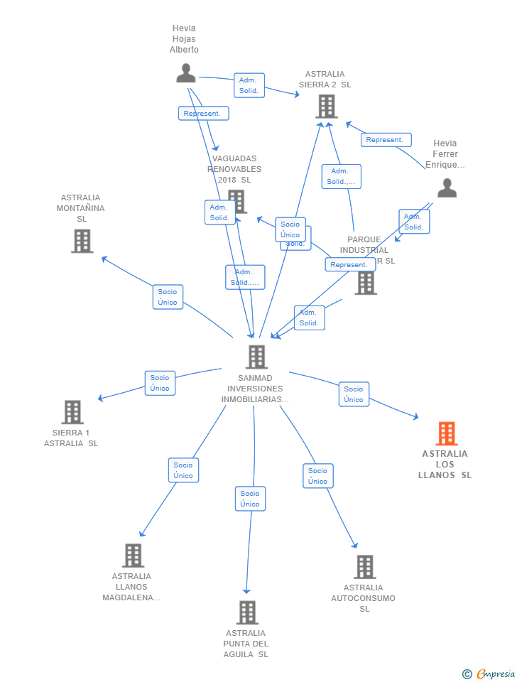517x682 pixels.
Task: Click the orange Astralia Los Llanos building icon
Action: pyautogui.click(x=446, y=433)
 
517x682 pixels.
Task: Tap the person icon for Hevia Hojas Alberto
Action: pyautogui.click(x=186, y=73)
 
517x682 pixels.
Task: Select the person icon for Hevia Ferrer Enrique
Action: pyautogui.click(x=447, y=188)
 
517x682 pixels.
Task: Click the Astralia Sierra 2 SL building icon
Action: pyautogui.click(x=326, y=107)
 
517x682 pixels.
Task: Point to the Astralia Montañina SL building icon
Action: pyautogui.click(x=82, y=241)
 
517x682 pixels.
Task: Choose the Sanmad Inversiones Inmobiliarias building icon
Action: pyautogui.click(x=256, y=357)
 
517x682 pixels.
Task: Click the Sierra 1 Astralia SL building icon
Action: pyautogui.click(x=72, y=412)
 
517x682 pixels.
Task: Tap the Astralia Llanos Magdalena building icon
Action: pyautogui.click(x=133, y=556)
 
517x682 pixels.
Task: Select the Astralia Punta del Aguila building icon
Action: pyautogui.click(x=246, y=612)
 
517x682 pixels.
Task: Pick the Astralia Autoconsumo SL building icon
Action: pyautogui.click(x=364, y=567)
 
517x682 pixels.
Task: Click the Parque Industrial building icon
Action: pyautogui.click(x=366, y=283)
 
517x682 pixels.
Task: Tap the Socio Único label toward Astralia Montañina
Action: pyautogui.click(x=168, y=297)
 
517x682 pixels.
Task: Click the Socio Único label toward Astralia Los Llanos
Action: pyautogui.click(x=354, y=394)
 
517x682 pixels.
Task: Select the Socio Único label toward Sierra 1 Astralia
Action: pyautogui.click(x=160, y=383)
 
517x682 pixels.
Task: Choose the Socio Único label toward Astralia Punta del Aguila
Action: pyautogui.click(x=250, y=499)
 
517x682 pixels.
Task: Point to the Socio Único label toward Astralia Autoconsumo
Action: pyautogui.click(x=318, y=476)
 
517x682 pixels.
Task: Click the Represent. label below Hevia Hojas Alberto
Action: pyautogui.click(x=203, y=114)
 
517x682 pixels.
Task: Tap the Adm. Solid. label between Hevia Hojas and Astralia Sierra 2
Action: pyautogui.click(x=249, y=85)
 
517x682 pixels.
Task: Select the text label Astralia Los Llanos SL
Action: pyautogui.click(x=445, y=465)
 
